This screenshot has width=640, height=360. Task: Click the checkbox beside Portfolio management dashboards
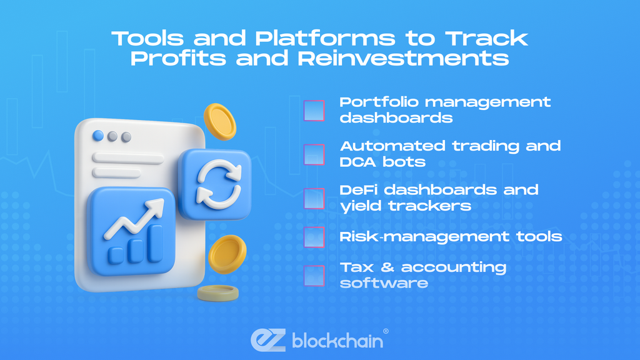click(x=314, y=111)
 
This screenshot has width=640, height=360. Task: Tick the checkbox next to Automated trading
click(x=314, y=155)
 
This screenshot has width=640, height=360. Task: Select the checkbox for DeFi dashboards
click(x=314, y=198)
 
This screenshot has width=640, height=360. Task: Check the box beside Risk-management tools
click(x=314, y=237)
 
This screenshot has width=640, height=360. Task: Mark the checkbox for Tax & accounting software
click(x=314, y=276)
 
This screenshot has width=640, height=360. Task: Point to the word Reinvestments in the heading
click(x=403, y=58)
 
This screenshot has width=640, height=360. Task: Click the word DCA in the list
click(x=357, y=162)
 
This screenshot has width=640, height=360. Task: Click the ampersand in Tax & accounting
click(x=387, y=267)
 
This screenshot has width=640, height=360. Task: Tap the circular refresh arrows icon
click(x=219, y=184)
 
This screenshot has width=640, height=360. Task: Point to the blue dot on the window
click(x=98, y=136)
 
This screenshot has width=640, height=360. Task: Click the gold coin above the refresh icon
click(x=219, y=121)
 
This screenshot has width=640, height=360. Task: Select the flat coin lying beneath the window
click(x=218, y=293)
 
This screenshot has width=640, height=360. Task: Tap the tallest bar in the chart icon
click(x=155, y=243)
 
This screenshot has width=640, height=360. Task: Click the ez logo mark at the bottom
click(x=268, y=340)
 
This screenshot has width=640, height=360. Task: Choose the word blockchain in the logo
click(x=337, y=341)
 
